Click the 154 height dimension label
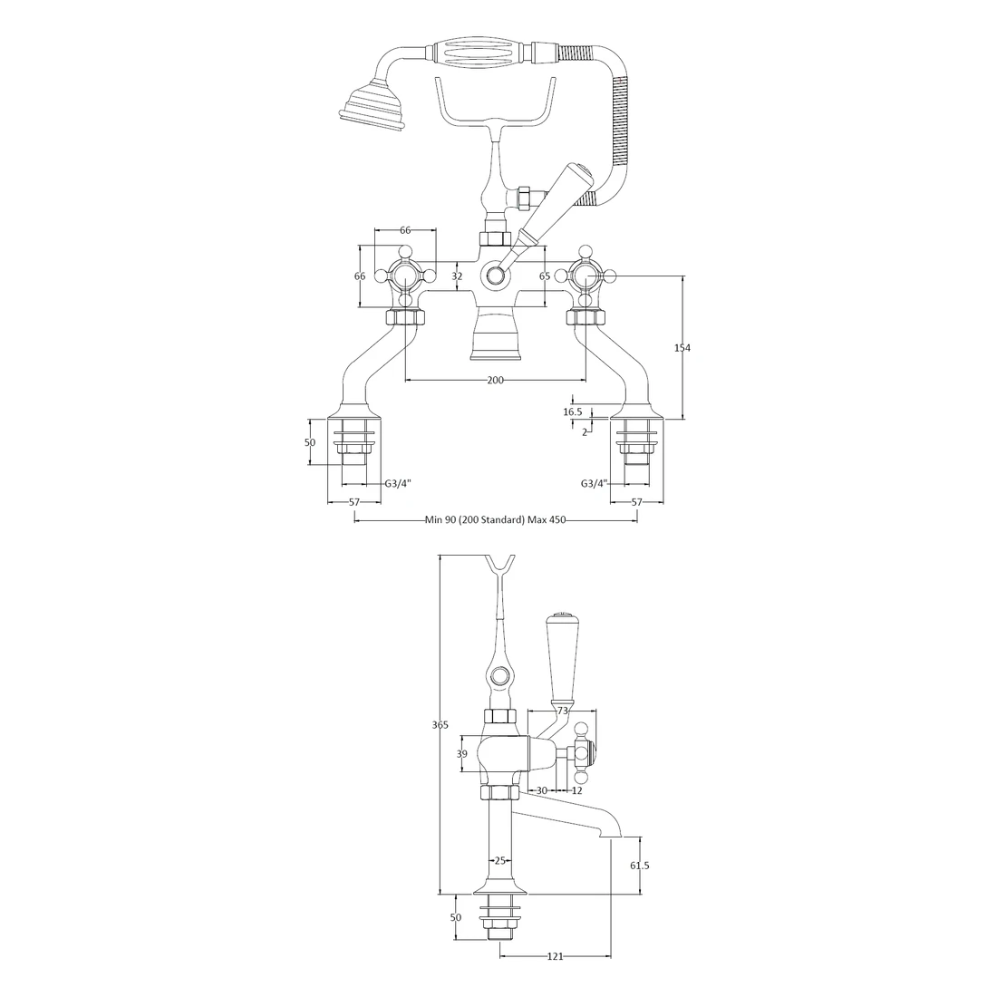[x=682, y=348]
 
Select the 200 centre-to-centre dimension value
[x=495, y=380]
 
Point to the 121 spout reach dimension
[x=557, y=957]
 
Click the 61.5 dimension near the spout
[x=639, y=866]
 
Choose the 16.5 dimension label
[x=573, y=411]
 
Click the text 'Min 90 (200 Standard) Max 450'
[x=495, y=520]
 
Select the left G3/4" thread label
[x=398, y=484]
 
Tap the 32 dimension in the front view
[x=457, y=276]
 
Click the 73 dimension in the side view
[x=563, y=711]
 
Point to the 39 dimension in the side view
[x=461, y=754]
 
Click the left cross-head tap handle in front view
[x=405, y=276]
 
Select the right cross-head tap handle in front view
[x=585, y=276]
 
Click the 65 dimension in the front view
[x=545, y=276]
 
